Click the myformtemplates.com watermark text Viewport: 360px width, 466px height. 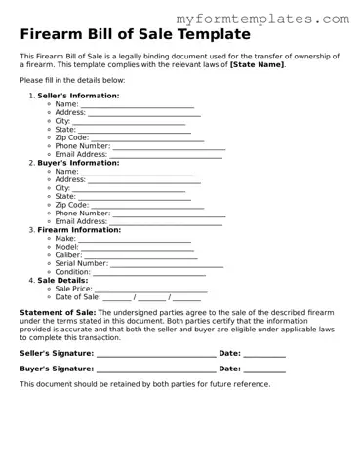pyautogui.click(x=262, y=19)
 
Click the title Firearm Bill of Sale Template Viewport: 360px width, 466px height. pyautogui.click(x=135, y=34)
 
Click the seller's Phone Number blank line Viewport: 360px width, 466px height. pyautogui.click(x=169, y=147)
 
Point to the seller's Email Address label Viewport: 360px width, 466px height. pyautogui.click(x=81, y=154)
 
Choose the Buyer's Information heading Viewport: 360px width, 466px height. pyautogui.click(x=77, y=163)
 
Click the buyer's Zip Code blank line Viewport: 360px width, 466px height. pyautogui.click(x=146, y=206)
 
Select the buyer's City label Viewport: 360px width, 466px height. pyautogui.click(x=63, y=188)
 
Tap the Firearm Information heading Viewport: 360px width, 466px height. pyautogui.click(x=79, y=230)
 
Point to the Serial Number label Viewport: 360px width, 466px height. pyautogui.click(x=82, y=263)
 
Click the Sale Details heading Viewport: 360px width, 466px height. pyautogui.click(x=64, y=281)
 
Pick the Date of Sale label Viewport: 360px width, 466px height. pyautogui.click(x=77, y=297)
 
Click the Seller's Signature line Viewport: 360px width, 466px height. pyautogui.click(x=155, y=354)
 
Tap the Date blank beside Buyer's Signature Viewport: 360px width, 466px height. pyautogui.click(x=263, y=370)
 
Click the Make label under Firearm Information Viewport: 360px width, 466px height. pyautogui.click(x=65, y=239)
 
